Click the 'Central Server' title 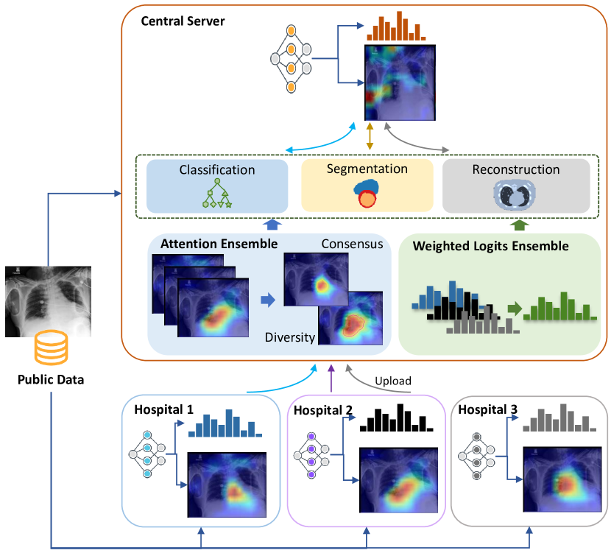[183, 21]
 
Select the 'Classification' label [217, 170]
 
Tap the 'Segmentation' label [367, 169]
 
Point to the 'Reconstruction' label [515, 170]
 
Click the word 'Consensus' [352, 244]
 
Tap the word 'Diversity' [289, 338]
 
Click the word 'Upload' [392, 381]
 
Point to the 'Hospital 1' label [163, 408]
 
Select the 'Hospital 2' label [323, 409]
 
